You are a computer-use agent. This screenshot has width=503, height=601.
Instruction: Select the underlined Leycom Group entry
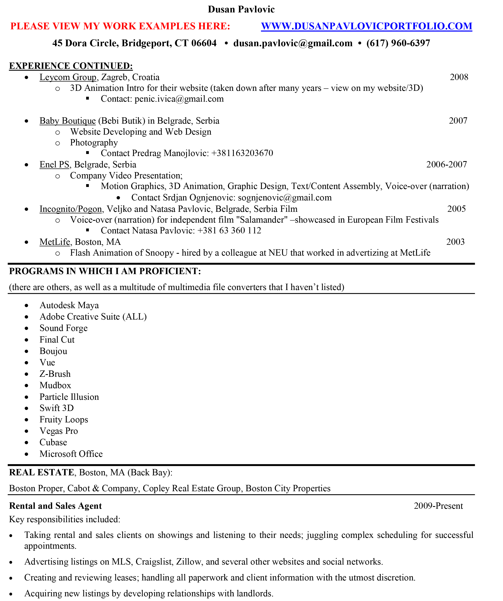point(68,77)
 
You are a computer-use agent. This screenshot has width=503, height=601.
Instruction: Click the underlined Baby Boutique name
point(68,121)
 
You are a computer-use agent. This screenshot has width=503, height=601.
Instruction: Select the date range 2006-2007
point(446,164)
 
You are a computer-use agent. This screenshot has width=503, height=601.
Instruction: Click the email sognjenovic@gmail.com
point(285,198)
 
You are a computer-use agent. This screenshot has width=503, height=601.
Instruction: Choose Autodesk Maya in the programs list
point(69,305)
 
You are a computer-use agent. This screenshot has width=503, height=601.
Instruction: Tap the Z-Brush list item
point(55,374)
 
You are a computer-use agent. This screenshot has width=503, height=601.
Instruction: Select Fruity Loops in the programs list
point(64,420)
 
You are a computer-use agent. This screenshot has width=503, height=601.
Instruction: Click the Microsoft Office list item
point(71,454)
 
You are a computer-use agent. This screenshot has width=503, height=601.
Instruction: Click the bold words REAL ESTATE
point(42,472)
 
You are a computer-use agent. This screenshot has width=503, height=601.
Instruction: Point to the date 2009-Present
point(438,506)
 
